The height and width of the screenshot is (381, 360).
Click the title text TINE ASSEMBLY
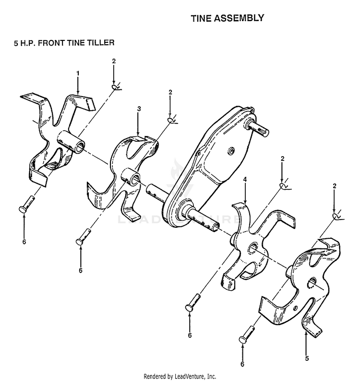coord(227,18)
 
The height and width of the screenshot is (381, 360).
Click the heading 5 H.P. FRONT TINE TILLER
coord(64,43)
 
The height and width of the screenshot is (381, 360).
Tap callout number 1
coord(78,73)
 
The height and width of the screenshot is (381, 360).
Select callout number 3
coord(139,109)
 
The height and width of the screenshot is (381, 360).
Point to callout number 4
coord(245,179)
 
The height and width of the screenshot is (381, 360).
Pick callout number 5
coord(307,358)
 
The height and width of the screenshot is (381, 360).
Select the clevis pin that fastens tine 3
coord(84,237)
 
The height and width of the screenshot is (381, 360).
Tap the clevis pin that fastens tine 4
coord(193,302)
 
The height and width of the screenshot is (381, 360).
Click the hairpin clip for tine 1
coord(117,87)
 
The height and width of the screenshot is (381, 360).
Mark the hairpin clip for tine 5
coord(338,216)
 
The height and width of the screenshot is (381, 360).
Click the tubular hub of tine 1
coord(71,141)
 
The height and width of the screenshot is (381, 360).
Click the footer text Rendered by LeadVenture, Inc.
coord(180,376)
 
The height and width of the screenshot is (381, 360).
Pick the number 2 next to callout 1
coord(114,61)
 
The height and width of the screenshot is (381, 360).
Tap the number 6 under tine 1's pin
coord(24,242)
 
